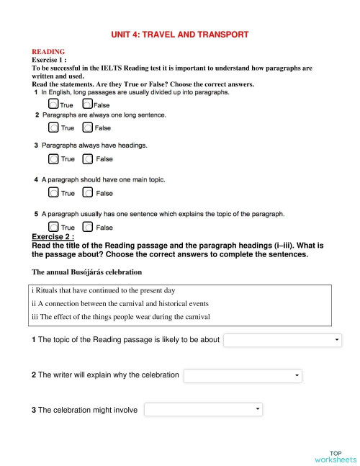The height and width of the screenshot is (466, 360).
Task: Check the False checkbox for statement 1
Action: pos(87,104)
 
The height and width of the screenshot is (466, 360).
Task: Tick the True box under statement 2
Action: pos(54,127)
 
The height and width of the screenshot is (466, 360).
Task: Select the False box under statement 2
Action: pos(87,127)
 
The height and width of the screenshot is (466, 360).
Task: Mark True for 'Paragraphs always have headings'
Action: pos(54,158)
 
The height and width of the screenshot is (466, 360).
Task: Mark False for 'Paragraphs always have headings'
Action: pos(87,158)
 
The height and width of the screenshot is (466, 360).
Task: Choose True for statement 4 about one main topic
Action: pos(54,192)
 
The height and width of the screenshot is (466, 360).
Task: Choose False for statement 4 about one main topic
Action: pos(87,192)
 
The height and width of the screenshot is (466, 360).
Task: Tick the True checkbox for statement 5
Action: pos(54,227)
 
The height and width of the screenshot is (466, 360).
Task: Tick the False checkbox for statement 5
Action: pos(87,227)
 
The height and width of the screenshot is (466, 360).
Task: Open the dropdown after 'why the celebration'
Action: pos(243,376)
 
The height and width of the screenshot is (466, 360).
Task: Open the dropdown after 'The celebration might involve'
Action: pos(203,410)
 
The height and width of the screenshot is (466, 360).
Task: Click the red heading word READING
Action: pos(48,52)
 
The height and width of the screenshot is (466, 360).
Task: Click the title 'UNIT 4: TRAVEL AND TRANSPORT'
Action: pos(180,34)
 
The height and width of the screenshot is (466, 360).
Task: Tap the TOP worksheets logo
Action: pos(335,456)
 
